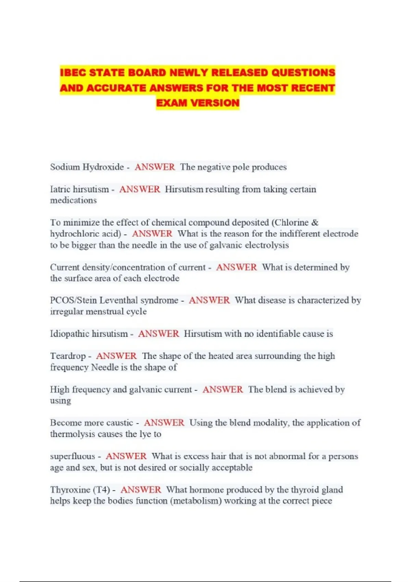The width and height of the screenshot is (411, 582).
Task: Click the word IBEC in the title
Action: click(x=73, y=73)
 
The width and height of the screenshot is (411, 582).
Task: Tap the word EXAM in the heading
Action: click(x=171, y=103)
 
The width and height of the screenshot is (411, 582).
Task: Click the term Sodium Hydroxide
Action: click(x=87, y=167)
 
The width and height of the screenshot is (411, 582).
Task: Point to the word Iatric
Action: click(x=60, y=189)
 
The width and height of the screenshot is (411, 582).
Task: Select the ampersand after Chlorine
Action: click(x=315, y=223)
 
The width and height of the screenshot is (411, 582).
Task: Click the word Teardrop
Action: click(x=68, y=356)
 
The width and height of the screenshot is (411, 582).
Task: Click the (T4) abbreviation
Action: click(x=101, y=490)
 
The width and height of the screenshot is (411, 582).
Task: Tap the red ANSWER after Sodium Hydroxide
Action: click(x=155, y=167)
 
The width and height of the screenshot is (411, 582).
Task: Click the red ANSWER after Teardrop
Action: click(x=116, y=356)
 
